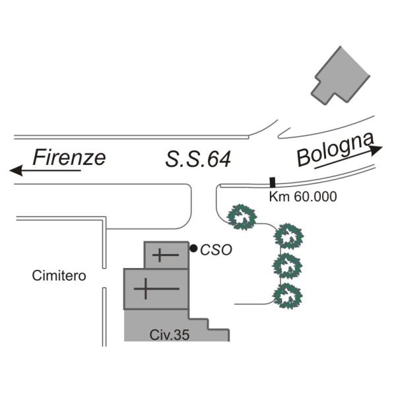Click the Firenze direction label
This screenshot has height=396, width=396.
click(69, 157)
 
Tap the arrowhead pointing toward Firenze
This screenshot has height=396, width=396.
click(16, 170)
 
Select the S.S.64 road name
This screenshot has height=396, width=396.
click(198, 159)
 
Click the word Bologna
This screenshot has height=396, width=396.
click(335, 149)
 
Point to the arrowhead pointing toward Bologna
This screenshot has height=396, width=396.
click(376, 149)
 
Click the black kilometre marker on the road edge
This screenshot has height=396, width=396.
click(272, 182)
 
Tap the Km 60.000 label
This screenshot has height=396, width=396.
click(303, 197)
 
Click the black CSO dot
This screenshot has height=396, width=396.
click(193, 249)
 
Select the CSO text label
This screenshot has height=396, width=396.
click(216, 250)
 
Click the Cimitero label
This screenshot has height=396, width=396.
click(59, 275)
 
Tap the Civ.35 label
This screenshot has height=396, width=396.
click(169, 335)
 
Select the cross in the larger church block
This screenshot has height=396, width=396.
click(156, 288)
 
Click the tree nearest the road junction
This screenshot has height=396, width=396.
click(242, 217)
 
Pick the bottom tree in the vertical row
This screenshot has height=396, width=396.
click(287, 296)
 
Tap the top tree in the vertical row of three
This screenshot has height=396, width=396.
click(288, 236)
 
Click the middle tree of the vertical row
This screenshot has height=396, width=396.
click(287, 266)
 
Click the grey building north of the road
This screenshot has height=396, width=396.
click(340, 76)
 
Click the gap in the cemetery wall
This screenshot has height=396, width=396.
click(104, 278)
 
